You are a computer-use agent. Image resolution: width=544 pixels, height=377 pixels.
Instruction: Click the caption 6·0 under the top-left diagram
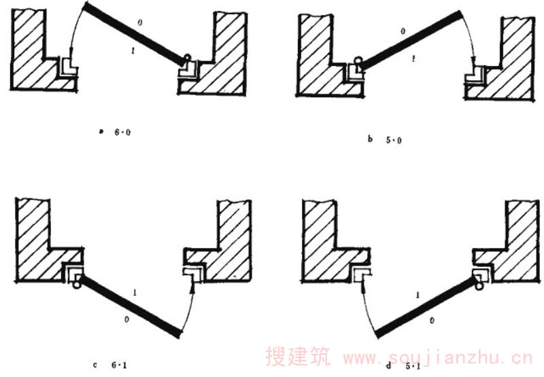[x=123, y=133]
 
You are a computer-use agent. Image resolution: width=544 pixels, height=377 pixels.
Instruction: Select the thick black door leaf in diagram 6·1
[x=129, y=306]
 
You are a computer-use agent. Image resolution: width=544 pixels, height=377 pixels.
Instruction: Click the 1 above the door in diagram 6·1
[x=138, y=293]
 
